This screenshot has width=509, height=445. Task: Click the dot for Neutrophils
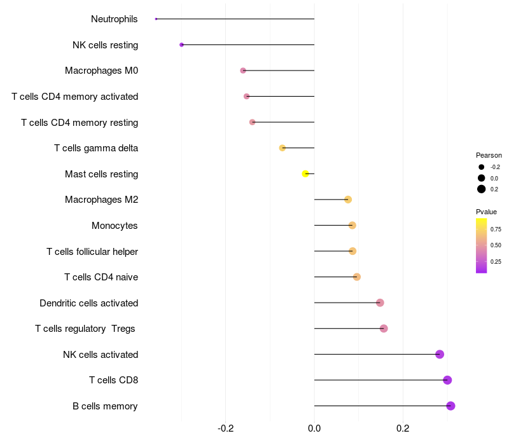[x=156, y=19]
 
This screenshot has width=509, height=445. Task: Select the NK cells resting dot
[x=182, y=44]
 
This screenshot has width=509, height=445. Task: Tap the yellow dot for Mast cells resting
[x=306, y=174]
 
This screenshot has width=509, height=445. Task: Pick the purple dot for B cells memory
[x=450, y=406]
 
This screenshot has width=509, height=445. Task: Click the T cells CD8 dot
[x=447, y=380]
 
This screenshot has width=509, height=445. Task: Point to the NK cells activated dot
[x=440, y=354]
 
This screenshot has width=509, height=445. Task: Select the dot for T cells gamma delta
[x=282, y=148]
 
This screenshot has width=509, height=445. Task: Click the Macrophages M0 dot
[x=243, y=71]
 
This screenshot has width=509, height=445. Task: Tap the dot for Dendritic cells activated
[x=380, y=303]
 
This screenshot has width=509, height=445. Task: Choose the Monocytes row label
[x=115, y=226]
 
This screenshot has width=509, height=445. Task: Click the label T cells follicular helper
[x=92, y=251]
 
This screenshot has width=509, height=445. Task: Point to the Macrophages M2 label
[x=101, y=200]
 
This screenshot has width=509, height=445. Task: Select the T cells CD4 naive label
[x=101, y=277]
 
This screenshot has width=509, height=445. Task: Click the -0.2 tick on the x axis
[x=226, y=428]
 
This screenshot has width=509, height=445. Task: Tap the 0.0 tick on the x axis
[x=314, y=428]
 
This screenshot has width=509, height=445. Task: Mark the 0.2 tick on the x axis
[x=403, y=428]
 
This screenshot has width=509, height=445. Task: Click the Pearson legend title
[x=489, y=155]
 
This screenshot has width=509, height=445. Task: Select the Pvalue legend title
[x=486, y=212]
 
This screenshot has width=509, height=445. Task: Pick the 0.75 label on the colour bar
[x=496, y=229]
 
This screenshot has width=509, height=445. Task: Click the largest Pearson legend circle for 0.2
[x=482, y=189]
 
